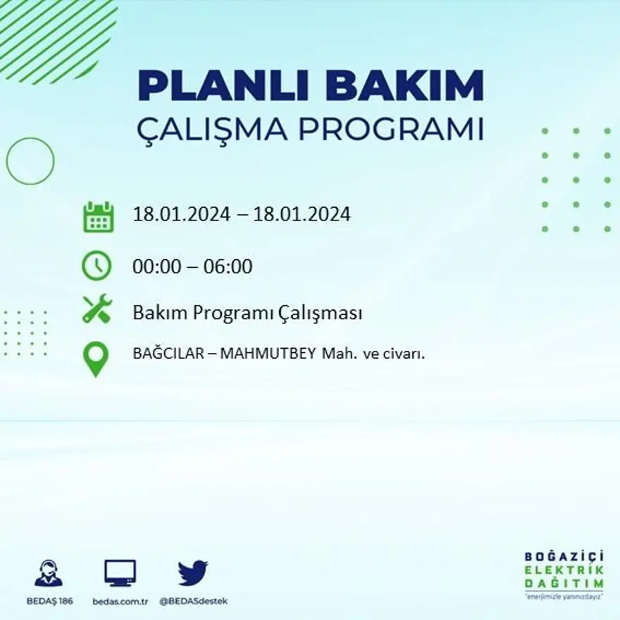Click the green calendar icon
coord(98,216)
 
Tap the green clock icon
coord(97,266)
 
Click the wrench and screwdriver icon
coord(97,309)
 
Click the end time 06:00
coord(228,267)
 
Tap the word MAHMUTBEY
coord(268,354)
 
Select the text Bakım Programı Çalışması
coord(247,313)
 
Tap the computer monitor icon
coord(120,573)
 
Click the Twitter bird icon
coord(192,573)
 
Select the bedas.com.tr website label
coord(120,601)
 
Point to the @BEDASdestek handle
coord(193,601)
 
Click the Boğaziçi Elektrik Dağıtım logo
coord(564,574)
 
